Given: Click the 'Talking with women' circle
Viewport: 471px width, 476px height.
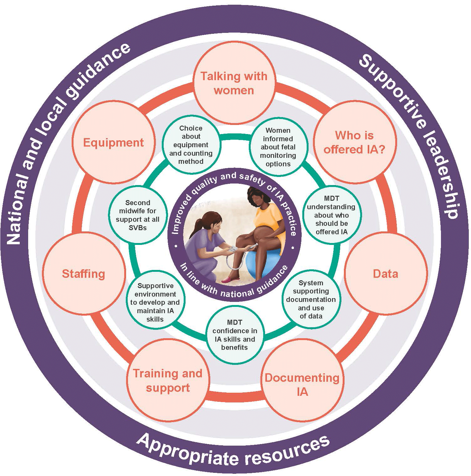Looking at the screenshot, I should (234, 83).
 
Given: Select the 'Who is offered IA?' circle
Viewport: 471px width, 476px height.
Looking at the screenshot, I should (355, 142).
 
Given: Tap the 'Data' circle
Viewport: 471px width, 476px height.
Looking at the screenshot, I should (386, 274).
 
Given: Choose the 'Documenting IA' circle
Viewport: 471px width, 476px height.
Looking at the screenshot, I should (302, 385).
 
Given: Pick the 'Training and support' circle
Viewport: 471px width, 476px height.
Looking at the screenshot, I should (168, 380).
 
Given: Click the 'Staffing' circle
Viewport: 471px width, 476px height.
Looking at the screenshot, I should (84, 274).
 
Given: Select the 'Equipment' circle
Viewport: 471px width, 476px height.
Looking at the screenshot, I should (113, 142).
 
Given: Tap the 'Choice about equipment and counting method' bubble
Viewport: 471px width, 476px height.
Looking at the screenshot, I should (191, 145).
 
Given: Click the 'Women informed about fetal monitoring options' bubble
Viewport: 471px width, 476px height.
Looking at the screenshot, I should (278, 147).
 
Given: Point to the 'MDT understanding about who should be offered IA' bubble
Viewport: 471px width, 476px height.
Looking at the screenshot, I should (331, 215).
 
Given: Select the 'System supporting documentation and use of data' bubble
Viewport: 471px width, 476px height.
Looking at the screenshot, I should (311, 299).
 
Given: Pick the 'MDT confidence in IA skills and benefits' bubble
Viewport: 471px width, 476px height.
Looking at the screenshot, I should (234, 335).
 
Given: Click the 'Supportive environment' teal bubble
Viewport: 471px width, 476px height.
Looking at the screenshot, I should (155, 302).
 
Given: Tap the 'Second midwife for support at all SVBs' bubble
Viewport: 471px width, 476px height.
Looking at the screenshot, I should (137, 215).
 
